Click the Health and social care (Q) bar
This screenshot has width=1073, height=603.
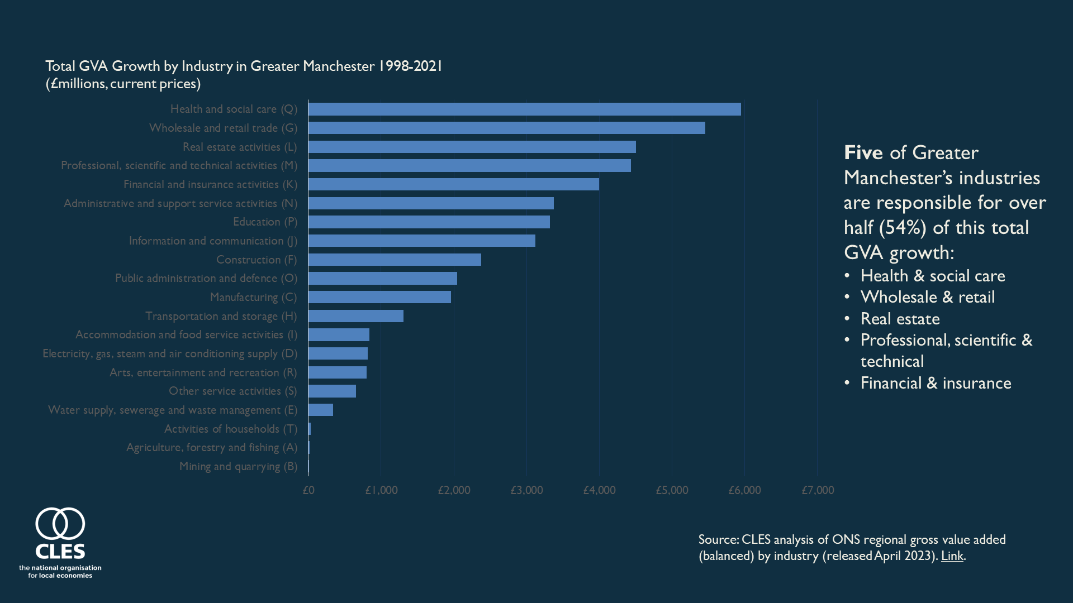pyautogui.click(x=524, y=109)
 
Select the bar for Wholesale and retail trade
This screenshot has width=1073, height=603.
pyautogui.click(x=506, y=128)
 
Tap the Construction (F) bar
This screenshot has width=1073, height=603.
pyautogui.click(x=395, y=260)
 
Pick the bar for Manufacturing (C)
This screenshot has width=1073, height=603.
pyautogui.click(x=379, y=297)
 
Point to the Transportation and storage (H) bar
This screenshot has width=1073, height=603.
pyautogui.click(x=355, y=316)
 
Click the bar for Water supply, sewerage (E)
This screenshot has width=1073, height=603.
pyautogui.click(x=321, y=410)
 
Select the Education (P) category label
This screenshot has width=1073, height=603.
pyautogui.click(x=265, y=222)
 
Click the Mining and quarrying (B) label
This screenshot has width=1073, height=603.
pyautogui.click(x=238, y=466)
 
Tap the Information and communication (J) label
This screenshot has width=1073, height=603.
pyautogui.click(x=213, y=241)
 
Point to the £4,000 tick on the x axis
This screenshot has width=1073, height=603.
pyautogui.click(x=599, y=490)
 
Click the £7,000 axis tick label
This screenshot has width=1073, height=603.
pyautogui.click(x=818, y=490)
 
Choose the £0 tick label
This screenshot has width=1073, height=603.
pyautogui.click(x=308, y=490)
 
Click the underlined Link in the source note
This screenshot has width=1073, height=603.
pyautogui.click(x=952, y=556)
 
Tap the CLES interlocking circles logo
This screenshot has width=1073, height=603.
pyautogui.click(x=60, y=524)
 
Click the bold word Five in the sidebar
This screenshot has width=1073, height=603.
pyautogui.click(x=863, y=152)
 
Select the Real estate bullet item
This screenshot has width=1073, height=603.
pyautogui.click(x=900, y=319)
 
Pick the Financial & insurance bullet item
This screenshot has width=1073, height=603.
pyautogui.click(x=936, y=383)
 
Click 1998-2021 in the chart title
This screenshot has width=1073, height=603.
pyautogui.click(x=410, y=66)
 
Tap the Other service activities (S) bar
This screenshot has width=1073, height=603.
pyautogui.click(x=332, y=391)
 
